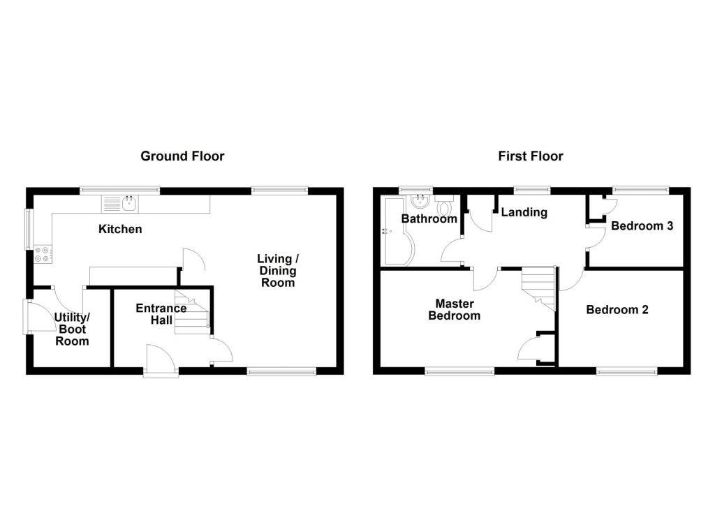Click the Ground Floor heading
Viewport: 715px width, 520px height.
point(182,156)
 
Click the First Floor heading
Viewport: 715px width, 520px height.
point(531,156)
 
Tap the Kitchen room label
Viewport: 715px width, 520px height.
point(120,229)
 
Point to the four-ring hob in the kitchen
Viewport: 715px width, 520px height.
point(41,255)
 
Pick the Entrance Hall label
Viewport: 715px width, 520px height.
point(161,314)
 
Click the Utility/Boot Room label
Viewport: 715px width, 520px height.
point(72,329)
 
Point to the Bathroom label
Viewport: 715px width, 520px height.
point(429,218)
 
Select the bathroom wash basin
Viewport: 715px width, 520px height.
point(421,202)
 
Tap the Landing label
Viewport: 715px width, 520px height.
point(524,212)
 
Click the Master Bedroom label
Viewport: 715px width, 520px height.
point(455,309)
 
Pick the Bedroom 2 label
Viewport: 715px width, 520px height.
point(617,309)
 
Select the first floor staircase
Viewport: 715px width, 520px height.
point(538,288)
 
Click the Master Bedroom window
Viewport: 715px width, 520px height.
point(459,372)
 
